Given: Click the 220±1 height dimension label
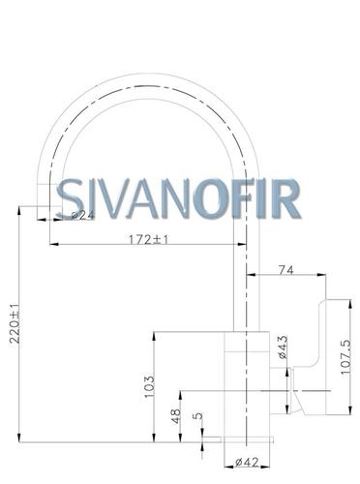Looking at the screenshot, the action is tap(15, 323).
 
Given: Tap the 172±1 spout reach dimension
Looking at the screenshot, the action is tap(149, 240).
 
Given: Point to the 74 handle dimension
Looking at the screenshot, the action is tap(286, 270).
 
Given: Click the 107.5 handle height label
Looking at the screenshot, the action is tap(345, 356).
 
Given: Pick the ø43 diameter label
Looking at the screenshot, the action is tap(283, 348).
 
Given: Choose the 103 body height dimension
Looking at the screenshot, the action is tap(150, 386).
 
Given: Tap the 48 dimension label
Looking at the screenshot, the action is tap(176, 416).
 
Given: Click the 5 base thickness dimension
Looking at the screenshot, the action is tap(200, 415).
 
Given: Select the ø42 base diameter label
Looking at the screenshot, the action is tap(247, 463).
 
